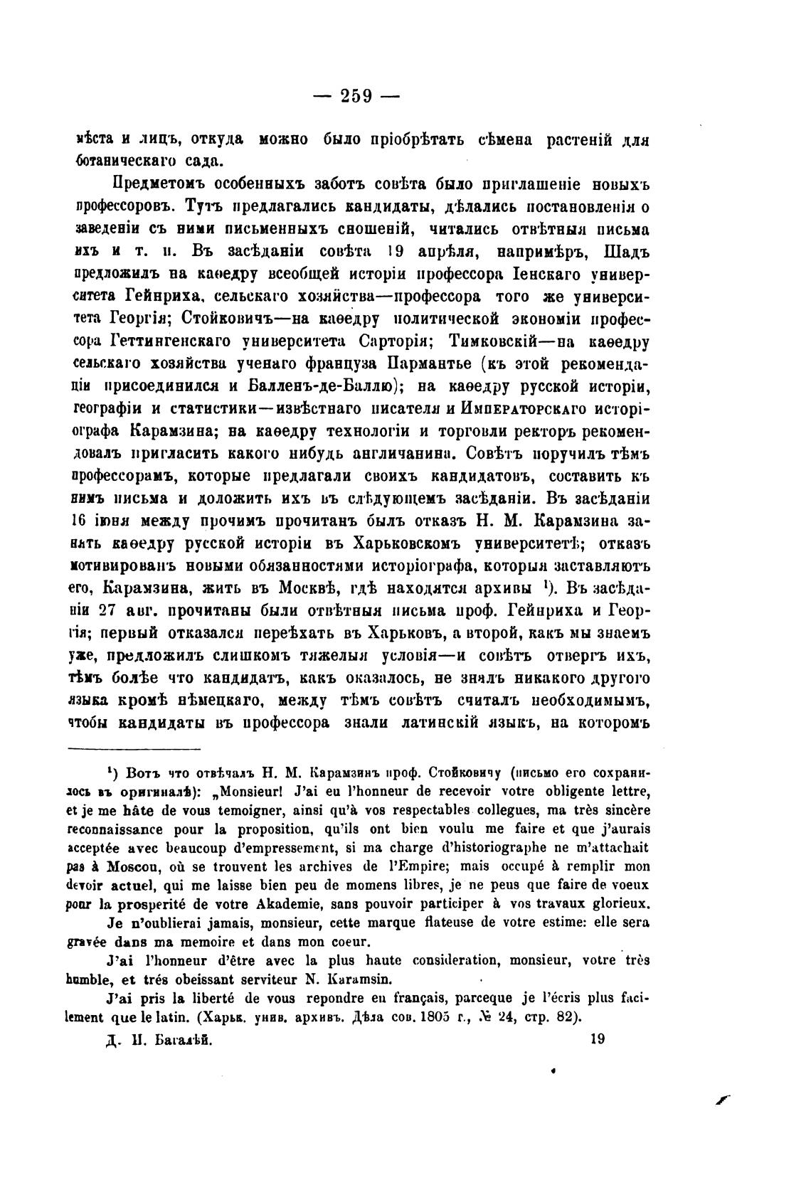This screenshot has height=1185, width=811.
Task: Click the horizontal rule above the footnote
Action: (x=134, y=748)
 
